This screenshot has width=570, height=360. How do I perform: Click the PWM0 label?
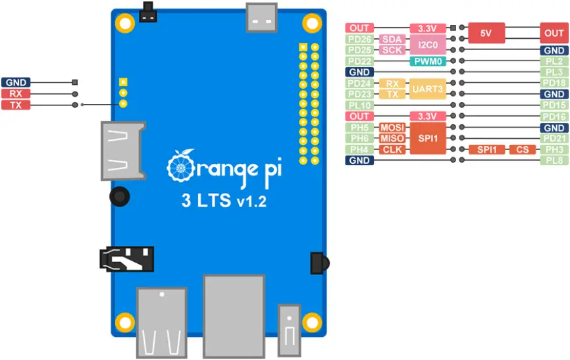pos(428,61)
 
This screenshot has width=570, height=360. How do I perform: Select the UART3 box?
pos(428,89)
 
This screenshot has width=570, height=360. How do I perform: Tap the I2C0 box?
pos(428,45)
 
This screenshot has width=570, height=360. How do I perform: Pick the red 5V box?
pos(486,34)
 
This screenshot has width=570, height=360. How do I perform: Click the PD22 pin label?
pos(359,61)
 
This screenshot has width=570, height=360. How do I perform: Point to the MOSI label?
pos(392,127)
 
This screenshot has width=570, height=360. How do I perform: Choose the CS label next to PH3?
pos(522,149)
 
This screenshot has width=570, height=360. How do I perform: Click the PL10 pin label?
pos(359,105)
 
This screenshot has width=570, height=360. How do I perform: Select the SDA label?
pos(392,39)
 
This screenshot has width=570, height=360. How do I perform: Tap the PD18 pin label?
pos(554,84)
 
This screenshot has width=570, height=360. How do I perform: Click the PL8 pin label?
pos(554,160)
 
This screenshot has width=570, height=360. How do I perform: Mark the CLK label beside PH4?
pos(392,149)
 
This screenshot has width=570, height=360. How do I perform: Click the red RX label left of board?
pos(16,94)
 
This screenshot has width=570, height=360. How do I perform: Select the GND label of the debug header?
pos(16,83)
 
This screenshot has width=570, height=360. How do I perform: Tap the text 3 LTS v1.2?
pos(224,201)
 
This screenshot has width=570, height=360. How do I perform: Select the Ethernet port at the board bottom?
pos(233,309)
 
